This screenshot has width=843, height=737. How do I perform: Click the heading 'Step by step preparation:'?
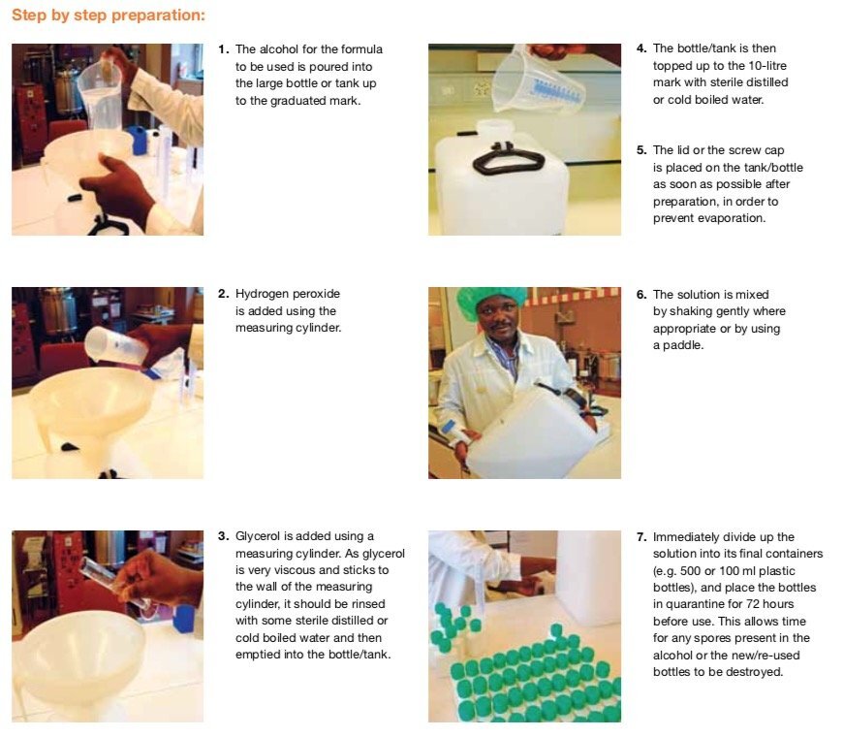[109, 16]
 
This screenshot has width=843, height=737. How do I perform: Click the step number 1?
[223, 49]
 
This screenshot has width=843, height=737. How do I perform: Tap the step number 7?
[640, 537]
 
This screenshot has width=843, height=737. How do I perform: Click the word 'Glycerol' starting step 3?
[258, 536]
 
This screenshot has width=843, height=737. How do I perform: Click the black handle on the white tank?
[508, 159]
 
